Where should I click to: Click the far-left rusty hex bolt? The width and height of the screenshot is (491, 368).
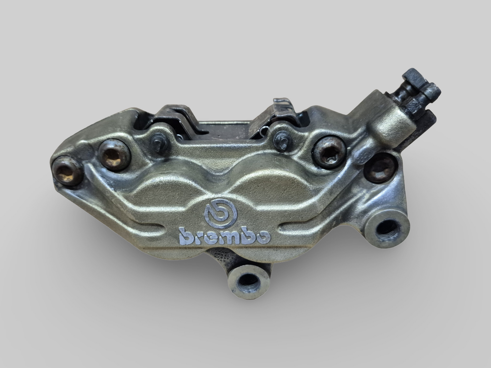pyautogui.click(x=68, y=171)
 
